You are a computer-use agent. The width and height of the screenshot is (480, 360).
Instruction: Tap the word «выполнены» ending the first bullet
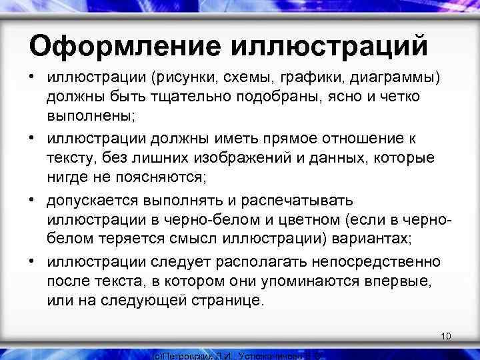coord(91,115)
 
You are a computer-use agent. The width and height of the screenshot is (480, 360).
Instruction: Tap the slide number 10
coord(446,335)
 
